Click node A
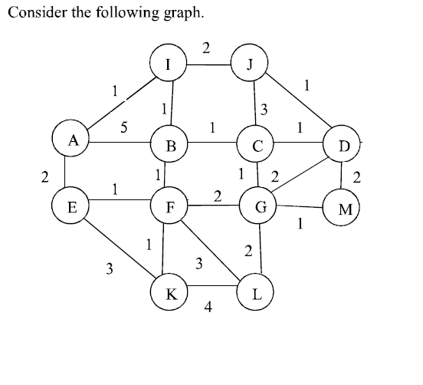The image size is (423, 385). [73, 140]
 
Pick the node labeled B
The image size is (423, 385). [172, 145]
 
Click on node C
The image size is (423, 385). [257, 145]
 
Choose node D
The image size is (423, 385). [343, 145]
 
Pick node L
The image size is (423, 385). [257, 293]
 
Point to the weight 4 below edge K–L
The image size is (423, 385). [208, 308]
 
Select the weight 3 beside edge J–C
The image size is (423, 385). [264, 108]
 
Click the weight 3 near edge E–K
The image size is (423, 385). [110, 269]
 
